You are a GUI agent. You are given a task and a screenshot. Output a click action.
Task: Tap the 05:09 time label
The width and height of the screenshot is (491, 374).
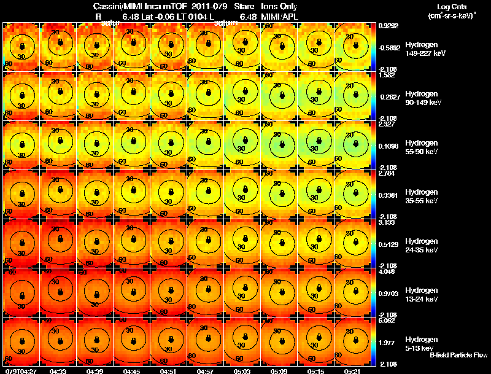(x=279, y=370)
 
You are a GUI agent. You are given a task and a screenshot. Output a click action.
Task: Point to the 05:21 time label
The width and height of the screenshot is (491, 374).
(x=353, y=370)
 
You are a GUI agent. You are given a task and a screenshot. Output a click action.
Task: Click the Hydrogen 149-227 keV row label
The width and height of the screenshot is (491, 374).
(x=426, y=49)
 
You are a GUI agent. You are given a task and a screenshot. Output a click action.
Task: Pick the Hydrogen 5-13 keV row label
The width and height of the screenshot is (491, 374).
(x=423, y=343)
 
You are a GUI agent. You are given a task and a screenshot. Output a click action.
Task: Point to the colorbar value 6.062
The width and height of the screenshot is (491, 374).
(x=387, y=321)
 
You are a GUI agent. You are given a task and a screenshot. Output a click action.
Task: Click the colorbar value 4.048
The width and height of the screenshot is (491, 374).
(x=387, y=271)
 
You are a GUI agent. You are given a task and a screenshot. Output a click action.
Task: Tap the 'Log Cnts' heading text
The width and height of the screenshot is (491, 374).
(x=450, y=6)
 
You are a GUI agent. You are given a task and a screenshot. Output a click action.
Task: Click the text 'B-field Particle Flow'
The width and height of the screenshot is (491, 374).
(x=458, y=355)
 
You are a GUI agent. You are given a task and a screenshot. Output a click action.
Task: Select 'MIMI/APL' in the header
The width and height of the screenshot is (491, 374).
(x=280, y=17)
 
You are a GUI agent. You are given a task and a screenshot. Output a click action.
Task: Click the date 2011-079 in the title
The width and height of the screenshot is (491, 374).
(x=211, y=6)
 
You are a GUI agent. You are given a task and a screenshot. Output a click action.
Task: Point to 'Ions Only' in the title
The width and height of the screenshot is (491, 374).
(x=280, y=6)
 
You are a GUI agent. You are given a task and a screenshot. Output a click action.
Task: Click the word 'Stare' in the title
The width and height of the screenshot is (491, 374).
(x=244, y=6)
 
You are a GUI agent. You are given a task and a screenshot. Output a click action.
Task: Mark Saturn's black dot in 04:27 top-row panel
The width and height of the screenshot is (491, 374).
(x=22, y=46)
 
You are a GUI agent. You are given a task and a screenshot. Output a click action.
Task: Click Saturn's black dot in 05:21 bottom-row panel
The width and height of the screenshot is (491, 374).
(x=354, y=340)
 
